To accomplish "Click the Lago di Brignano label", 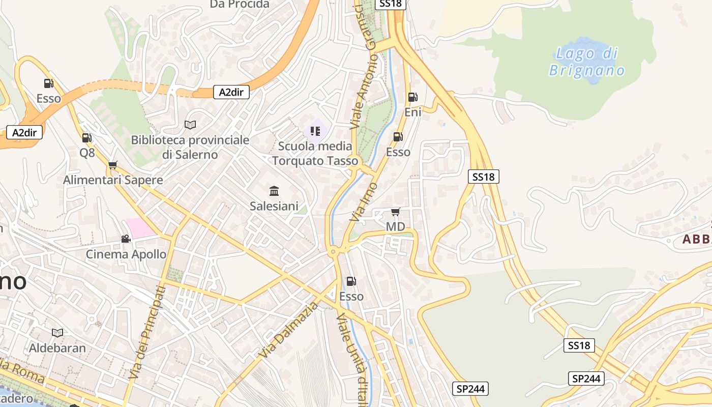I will coord(586,62).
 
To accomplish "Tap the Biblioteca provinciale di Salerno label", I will coord(190,147).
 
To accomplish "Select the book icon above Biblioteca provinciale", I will coord(190,125).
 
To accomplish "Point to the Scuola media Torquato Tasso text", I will coord(315,153).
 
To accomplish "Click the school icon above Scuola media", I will coord(315,132).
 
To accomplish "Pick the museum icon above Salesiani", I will coord(274,191).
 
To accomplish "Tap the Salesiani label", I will coord(274,206).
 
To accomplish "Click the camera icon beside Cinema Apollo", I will coord(126,239).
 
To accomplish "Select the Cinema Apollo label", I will coord(126,254).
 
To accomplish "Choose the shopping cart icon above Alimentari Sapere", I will coord(113,165).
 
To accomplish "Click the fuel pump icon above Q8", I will coord(87,137).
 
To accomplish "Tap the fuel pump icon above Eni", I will coord(412,97).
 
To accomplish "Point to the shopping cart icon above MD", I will coord(395,212).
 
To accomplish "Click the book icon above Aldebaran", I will coord(57,333).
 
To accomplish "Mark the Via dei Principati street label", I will coord(147,332).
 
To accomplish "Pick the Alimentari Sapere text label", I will coord(113,180).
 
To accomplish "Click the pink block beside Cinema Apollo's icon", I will coord(140,227).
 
